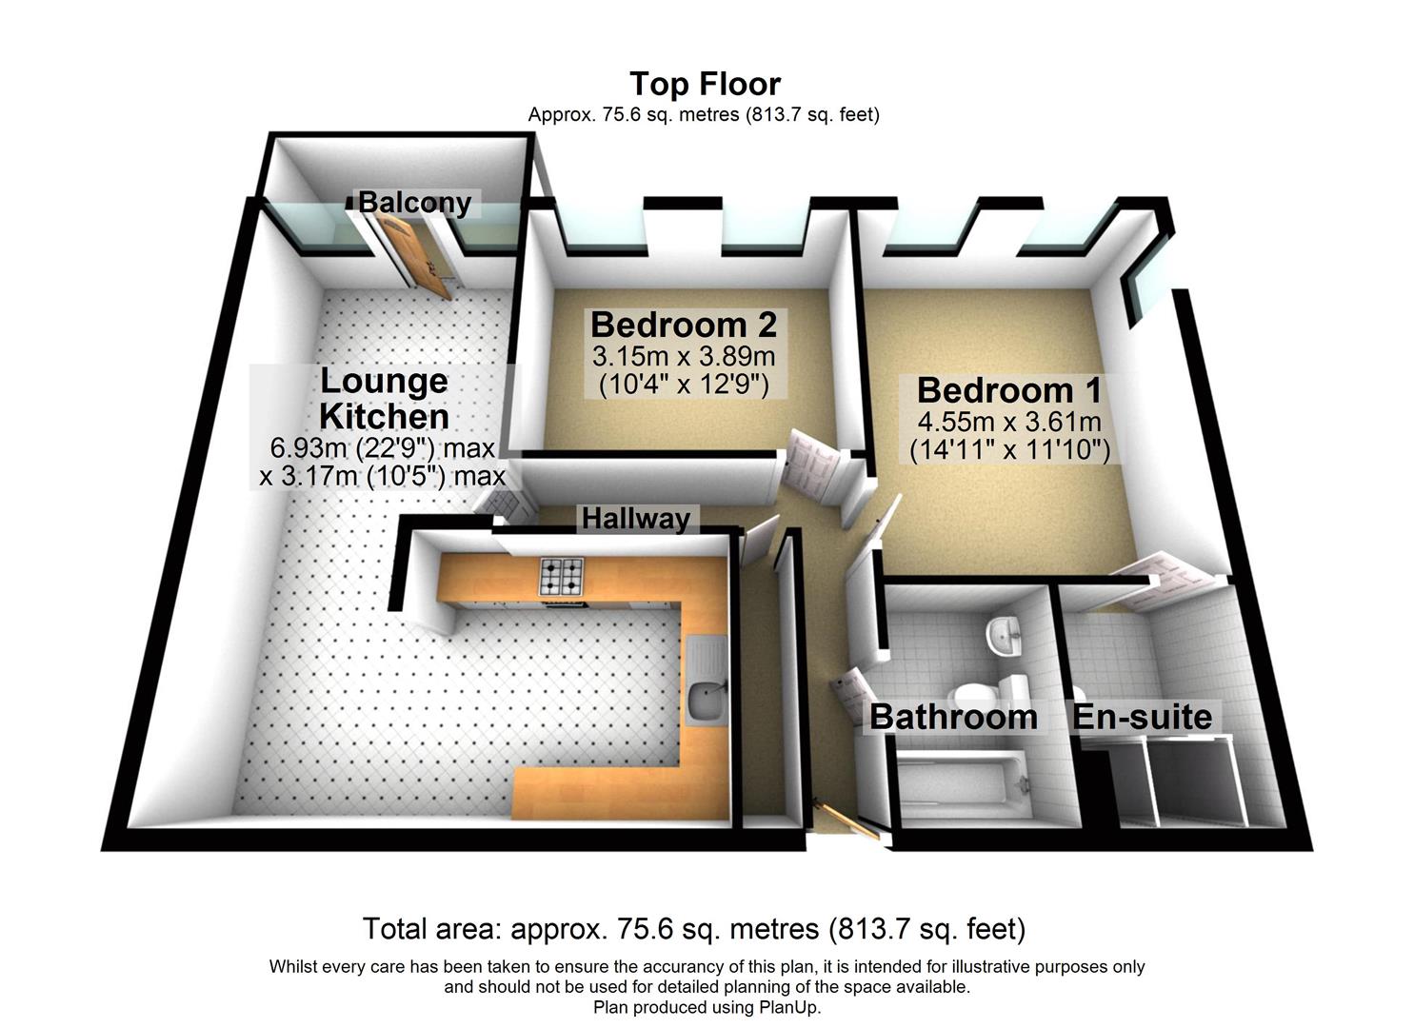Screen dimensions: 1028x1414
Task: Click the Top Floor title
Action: tap(705, 84)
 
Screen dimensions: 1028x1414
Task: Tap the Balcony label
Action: tap(414, 203)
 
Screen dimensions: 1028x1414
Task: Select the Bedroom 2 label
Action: tap(684, 325)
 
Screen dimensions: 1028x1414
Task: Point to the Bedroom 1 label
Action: tap(1009, 390)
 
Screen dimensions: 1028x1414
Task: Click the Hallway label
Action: tap(635, 519)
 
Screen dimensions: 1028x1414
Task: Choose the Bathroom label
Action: tap(953, 717)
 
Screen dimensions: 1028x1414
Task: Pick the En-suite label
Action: tap(1143, 717)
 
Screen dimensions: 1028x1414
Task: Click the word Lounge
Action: tap(384, 381)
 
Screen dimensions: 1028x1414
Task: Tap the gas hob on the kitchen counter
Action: tap(562, 576)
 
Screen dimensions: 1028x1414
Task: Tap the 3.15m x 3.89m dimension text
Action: tap(684, 357)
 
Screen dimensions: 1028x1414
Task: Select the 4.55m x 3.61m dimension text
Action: tap(1009, 421)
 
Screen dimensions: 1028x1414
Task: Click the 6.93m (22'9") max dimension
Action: tap(384, 447)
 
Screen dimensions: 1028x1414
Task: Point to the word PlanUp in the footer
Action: tap(787, 1007)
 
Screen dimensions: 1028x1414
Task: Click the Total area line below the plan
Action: tap(693, 928)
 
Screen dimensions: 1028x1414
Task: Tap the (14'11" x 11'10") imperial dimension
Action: tap(1009, 449)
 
